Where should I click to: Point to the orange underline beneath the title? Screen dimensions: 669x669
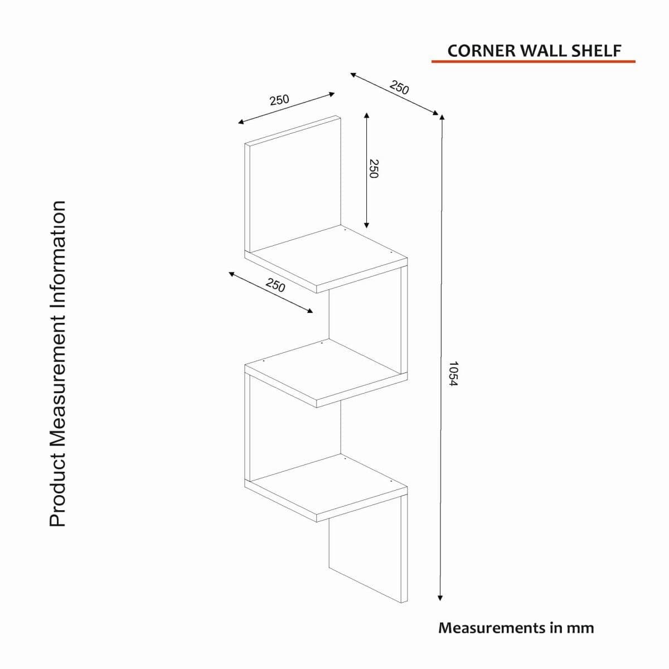[x=533, y=61]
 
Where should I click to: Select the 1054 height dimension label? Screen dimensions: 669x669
[x=453, y=374]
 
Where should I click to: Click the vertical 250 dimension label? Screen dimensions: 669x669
[x=374, y=168]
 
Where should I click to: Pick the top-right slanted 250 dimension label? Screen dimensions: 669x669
[x=399, y=88]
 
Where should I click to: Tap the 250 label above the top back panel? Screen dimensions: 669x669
[x=279, y=100]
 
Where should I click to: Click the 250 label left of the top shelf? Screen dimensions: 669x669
[x=275, y=285]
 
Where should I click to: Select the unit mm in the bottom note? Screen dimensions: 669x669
[x=580, y=628]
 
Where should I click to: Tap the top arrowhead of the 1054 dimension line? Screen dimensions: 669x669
[x=442, y=118]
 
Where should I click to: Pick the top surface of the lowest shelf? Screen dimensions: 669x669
[x=326, y=484]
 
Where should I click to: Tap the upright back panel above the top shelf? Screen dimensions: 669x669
[x=294, y=184]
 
